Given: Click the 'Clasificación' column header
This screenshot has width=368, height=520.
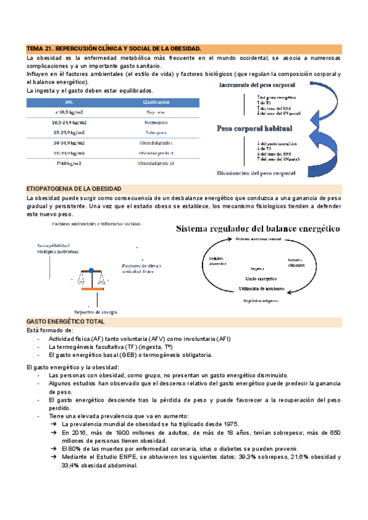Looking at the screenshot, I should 156,102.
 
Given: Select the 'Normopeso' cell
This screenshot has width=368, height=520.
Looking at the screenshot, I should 156,123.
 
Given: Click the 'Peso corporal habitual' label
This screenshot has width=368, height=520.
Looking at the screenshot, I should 255,129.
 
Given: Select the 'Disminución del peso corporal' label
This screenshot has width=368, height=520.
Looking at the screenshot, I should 256,173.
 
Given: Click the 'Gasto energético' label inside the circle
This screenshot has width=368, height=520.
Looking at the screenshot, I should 258,278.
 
